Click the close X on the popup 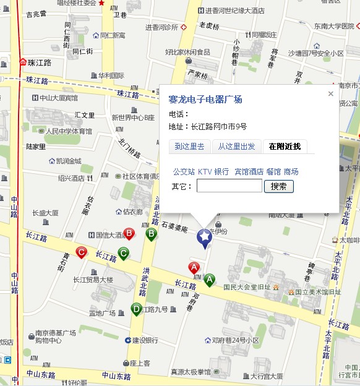(x=330, y=94)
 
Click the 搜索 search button (x=278, y=186)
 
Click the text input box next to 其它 (x=229, y=186)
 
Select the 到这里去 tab (x=189, y=147)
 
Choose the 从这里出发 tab (x=236, y=147)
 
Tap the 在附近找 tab (x=285, y=147)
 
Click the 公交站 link (x=184, y=171)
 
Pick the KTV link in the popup (x=205, y=171)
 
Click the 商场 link (x=291, y=171)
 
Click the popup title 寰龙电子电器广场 (x=205, y=100)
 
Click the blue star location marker (x=204, y=236)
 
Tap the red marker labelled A (x=194, y=268)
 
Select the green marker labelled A (x=210, y=280)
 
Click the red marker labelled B (x=129, y=234)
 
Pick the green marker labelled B (x=150, y=234)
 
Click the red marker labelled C (x=80, y=252)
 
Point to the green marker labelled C (x=123, y=253)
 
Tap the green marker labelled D (x=136, y=308)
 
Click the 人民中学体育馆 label (x=69, y=131)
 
